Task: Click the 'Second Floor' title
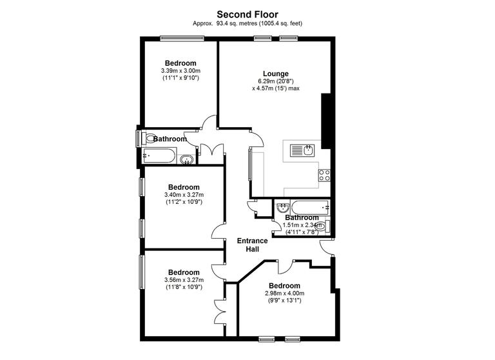247,14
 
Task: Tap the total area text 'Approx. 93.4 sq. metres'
226,23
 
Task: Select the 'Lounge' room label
275,74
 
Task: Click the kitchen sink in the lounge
302,151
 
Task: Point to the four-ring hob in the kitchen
324,175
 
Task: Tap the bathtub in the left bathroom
158,155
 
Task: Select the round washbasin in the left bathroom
187,159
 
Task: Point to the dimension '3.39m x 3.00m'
180,70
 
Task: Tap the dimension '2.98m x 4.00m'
284,294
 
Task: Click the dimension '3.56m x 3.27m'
184,280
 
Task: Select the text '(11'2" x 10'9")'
184,202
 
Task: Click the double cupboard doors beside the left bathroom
211,150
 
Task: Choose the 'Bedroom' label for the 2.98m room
284,286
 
